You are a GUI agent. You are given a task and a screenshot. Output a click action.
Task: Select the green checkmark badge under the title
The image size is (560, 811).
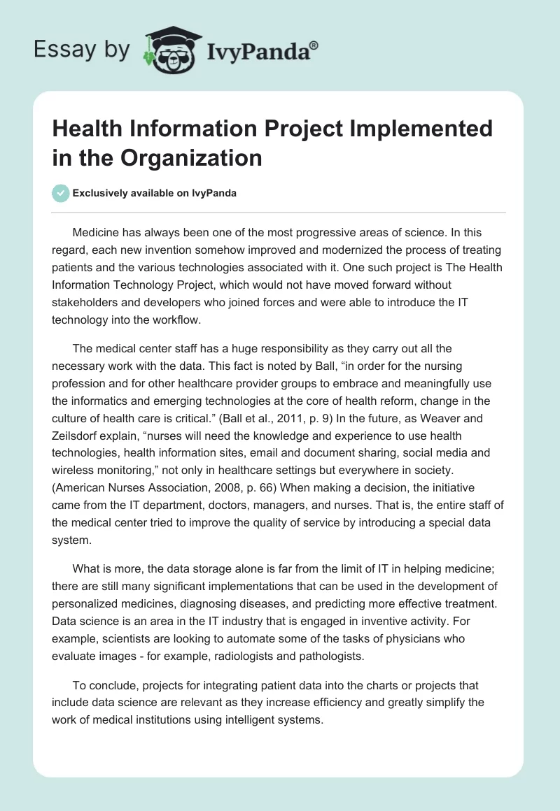[61, 193]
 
